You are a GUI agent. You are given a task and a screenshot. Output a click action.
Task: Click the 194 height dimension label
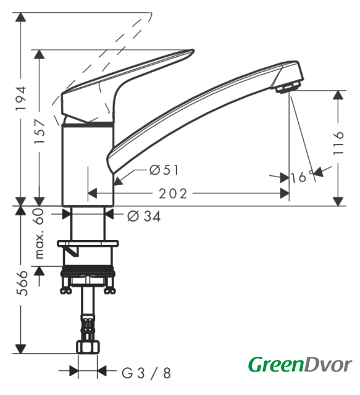tap(20, 98)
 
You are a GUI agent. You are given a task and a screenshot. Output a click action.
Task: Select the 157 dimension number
tap(40, 131)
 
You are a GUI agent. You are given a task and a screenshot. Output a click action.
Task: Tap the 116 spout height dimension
tap(338, 143)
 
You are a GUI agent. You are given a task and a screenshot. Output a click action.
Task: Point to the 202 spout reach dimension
tap(173, 193)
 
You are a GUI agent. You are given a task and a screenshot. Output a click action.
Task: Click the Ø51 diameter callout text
tap(164, 170)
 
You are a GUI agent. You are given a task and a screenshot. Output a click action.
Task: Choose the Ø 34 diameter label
tap(144, 216)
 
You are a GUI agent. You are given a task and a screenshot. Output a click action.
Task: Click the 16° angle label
tap(302, 177)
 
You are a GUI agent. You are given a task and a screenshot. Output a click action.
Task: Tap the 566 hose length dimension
tap(22, 283)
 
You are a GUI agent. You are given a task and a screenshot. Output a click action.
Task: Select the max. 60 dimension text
tap(40, 233)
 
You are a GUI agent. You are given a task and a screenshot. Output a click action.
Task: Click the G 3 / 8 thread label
tap(146, 373)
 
